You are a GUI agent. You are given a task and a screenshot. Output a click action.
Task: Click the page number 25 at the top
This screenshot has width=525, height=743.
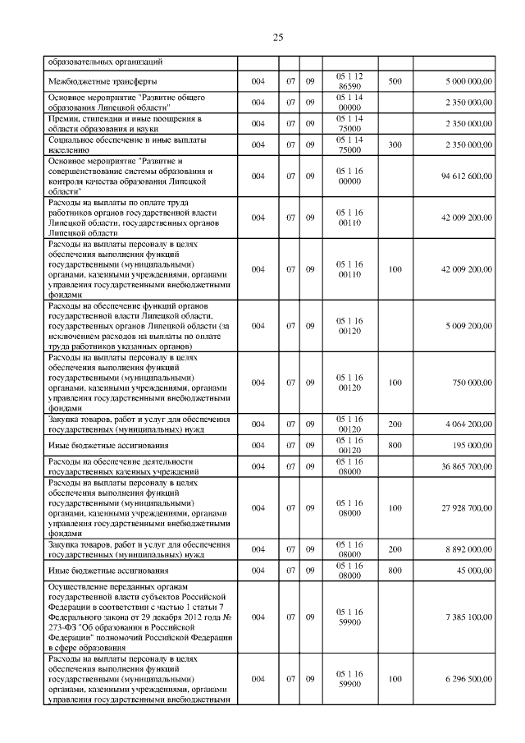pos(277,37)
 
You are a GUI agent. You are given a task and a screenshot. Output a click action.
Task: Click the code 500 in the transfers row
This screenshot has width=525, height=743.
pos(395,81)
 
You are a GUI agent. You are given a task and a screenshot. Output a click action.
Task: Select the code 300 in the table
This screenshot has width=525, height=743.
pos(395,144)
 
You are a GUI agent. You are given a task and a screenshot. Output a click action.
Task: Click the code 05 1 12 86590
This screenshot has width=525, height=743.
pos(350,81)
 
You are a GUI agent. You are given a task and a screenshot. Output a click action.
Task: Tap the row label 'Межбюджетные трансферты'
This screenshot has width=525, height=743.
pos(103,81)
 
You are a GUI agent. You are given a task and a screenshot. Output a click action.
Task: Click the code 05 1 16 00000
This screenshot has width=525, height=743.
pos(350,176)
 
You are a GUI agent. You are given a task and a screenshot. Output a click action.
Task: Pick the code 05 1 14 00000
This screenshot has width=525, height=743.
pos(350,103)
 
